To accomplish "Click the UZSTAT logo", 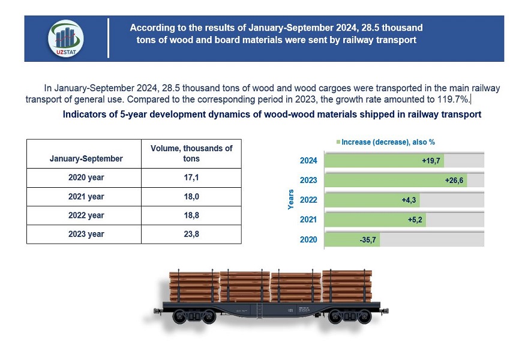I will [65, 38].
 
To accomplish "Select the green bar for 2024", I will [384, 160].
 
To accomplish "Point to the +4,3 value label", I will [410, 200].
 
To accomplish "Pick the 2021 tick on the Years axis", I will [309, 220].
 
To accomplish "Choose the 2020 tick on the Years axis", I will [309, 241].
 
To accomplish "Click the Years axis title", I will [291, 200].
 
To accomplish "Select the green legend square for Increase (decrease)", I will [338, 142].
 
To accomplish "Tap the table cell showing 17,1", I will [191, 178].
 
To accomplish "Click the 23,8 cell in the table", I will [191, 234].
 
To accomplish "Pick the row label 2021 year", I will [86, 197].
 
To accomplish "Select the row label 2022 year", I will [86, 215].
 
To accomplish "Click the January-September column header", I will [86, 158].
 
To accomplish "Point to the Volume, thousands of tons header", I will [191, 154].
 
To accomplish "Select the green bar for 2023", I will [395, 180].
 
